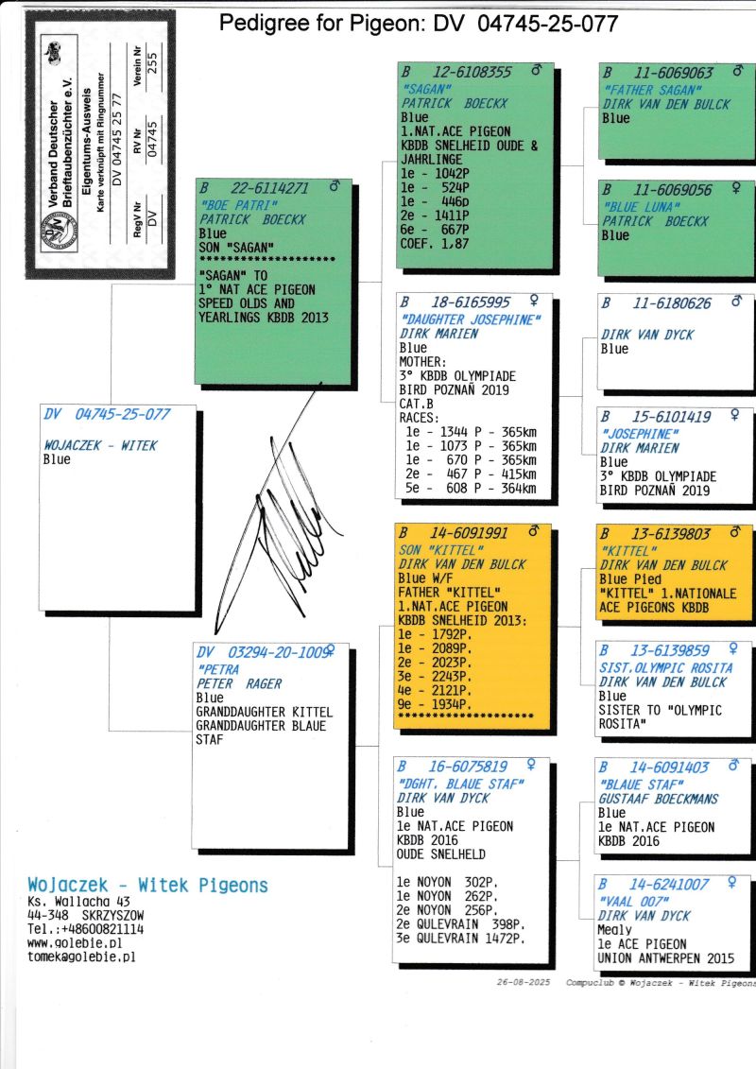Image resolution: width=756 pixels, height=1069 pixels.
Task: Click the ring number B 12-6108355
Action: [456, 72]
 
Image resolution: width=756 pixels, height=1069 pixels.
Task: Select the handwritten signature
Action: [280, 511]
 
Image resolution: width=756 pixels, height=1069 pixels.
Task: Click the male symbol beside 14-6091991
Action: [535, 529]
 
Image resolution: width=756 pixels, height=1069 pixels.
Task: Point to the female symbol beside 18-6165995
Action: [534, 300]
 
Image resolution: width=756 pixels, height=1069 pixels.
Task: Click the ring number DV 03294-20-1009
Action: [264, 652]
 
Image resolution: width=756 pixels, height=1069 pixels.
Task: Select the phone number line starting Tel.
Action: [85, 929]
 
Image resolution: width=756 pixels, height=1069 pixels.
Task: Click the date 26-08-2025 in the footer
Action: [523, 982]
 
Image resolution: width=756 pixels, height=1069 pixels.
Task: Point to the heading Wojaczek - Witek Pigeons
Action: [148, 885]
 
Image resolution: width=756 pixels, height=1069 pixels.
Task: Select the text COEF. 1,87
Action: [435, 244]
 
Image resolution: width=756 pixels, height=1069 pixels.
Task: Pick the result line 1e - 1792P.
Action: [435, 634]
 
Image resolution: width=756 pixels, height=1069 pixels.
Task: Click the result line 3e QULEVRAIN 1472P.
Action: [460, 939]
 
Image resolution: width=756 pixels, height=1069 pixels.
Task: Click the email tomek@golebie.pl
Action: [81, 957]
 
